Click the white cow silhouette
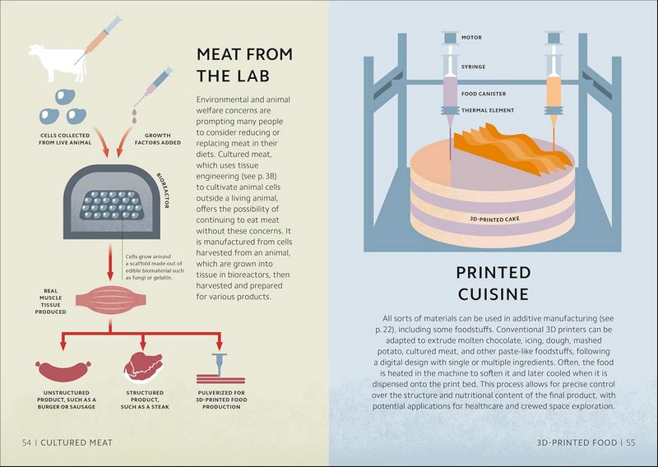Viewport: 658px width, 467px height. click(x=51, y=65)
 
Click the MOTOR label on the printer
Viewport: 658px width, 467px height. click(x=472, y=37)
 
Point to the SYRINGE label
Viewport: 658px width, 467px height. click(x=474, y=66)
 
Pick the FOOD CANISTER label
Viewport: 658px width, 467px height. click(x=484, y=95)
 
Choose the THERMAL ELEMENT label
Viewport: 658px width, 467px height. click(x=488, y=109)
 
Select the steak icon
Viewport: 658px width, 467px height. click(x=141, y=366)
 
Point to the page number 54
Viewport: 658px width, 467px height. click(x=28, y=442)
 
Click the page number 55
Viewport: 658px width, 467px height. click(x=630, y=442)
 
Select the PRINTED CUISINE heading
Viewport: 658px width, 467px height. click(x=493, y=283)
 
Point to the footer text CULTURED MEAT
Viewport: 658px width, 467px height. click(x=77, y=442)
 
